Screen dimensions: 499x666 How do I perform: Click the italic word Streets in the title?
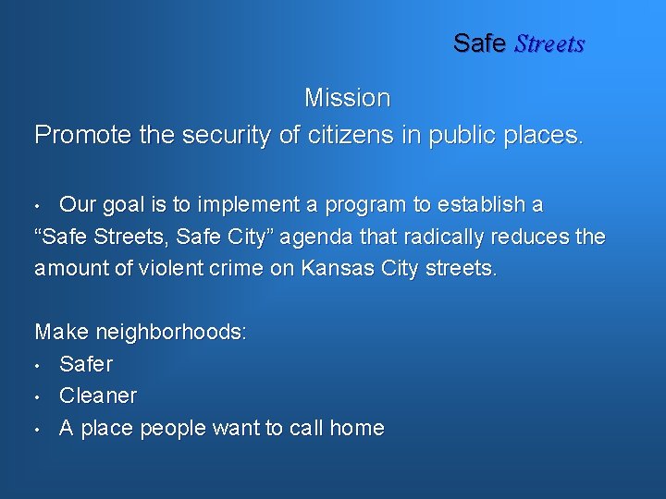click(x=549, y=43)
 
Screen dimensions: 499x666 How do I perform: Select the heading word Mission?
click(x=347, y=97)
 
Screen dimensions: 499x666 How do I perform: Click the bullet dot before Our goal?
click(x=38, y=205)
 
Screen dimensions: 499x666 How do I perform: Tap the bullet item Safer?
click(x=85, y=364)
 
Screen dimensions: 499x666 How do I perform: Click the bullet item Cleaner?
click(x=97, y=396)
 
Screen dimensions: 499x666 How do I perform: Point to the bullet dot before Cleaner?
click(x=38, y=397)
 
